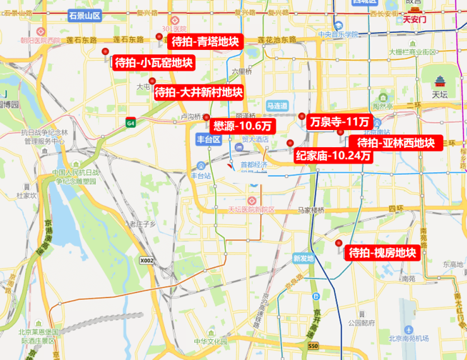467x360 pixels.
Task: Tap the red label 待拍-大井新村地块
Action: (x=198, y=92)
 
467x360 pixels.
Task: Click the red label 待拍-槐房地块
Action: (x=382, y=253)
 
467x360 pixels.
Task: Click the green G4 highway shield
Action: (x=131, y=122)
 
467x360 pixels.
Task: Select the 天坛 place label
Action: (x=439, y=94)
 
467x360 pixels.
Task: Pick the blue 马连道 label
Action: (x=277, y=105)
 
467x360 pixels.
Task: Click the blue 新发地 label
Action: (x=303, y=258)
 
